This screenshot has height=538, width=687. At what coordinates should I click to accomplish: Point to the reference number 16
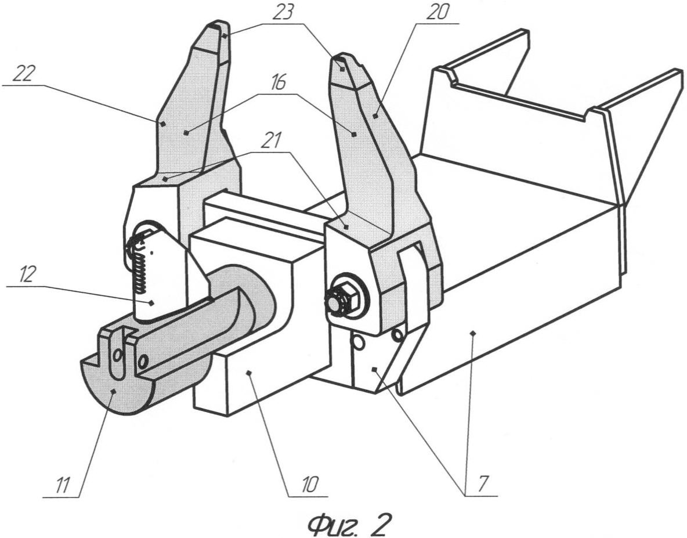[278, 83]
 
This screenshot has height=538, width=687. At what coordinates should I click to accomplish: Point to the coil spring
[142, 267]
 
